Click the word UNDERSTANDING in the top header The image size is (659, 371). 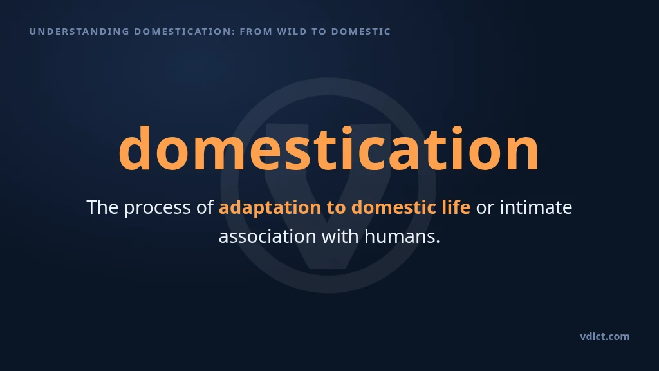(x=79, y=32)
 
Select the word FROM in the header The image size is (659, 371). (x=256, y=32)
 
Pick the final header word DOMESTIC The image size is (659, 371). (x=361, y=32)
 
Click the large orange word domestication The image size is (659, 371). (x=329, y=148)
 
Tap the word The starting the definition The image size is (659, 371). (x=102, y=207)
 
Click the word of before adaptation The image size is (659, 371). (x=205, y=207)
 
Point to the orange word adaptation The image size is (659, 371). (x=270, y=208)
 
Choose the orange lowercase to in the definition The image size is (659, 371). (x=336, y=208)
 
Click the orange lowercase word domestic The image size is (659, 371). (x=393, y=207)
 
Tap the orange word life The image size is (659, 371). (x=456, y=207)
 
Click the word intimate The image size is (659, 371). (x=536, y=207)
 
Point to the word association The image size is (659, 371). (x=268, y=236)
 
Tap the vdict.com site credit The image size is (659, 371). (x=605, y=336)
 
